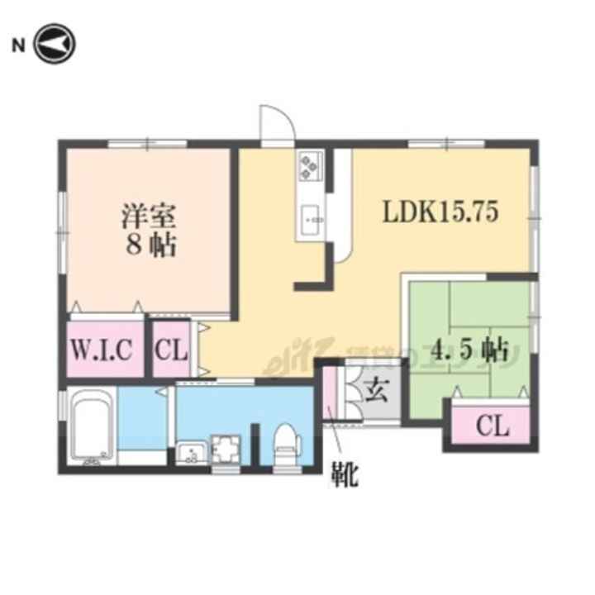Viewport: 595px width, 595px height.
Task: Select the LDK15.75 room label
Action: coord(439,213)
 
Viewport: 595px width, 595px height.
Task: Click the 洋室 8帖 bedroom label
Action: coord(150,231)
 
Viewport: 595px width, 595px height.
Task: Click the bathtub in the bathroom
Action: coord(91,428)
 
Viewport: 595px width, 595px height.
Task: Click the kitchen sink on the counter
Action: coord(312,218)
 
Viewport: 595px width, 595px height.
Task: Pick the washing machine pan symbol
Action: coord(225,450)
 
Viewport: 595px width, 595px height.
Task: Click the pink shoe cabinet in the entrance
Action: coord(330,397)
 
